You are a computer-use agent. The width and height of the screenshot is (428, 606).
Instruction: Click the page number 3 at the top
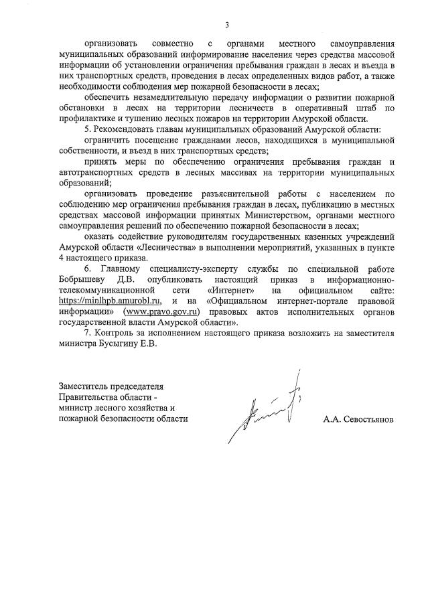(227, 25)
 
